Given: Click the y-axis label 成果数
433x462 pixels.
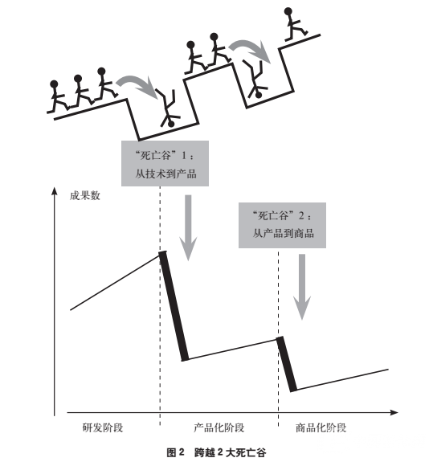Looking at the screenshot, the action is (x=85, y=195).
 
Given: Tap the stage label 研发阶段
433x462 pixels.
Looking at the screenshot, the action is (x=103, y=427).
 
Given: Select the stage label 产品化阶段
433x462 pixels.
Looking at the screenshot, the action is (x=219, y=427).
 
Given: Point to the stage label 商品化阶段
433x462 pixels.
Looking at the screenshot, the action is (x=321, y=427).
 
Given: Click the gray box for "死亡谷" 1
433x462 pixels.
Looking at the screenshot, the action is (x=165, y=164).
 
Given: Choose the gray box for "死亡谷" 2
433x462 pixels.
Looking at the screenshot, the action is (x=282, y=225).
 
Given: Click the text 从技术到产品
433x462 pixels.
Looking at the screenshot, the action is (x=165, y=174).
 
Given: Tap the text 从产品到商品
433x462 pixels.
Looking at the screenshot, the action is (x=283, y=234).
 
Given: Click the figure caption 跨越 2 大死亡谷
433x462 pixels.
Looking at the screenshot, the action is (x=230, y=452).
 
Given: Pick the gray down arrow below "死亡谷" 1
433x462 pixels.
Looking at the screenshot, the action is (x=188, y=227).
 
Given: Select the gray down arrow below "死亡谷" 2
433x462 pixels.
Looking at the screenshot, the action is (x=302, y=287).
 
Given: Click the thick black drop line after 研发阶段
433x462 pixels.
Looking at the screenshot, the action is (x=174, y=306).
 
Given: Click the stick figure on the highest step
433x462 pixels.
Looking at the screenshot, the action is (x=296, y=24).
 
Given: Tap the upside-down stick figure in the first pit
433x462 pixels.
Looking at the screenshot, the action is (x=168, y=108).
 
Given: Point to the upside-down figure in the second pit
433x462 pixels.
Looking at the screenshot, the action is (x=255, y=79).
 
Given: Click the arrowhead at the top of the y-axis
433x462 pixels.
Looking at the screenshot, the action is (x=54, y=190).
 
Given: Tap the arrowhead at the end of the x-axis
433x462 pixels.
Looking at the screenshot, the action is (x=394, y=412).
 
